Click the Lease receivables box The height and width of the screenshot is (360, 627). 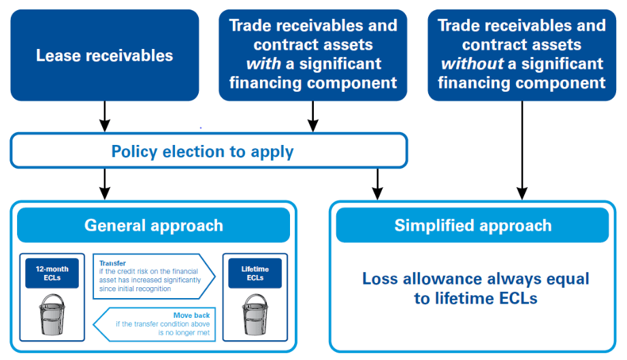tap(104, 55)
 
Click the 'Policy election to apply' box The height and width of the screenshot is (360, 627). tap(208, 150)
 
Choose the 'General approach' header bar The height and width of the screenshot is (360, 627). tap(153, 225)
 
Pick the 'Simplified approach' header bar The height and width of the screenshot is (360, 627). tap(472, 225)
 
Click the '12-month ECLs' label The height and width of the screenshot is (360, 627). tap(52, 273)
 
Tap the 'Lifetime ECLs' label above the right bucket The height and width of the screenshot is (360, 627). tap(254, 273)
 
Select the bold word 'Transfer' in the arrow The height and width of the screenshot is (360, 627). tap(112, 263)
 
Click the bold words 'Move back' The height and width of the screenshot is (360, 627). tap(191, 315)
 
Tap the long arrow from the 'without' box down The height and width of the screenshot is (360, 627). tap(521, 150)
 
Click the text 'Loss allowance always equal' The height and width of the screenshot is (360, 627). tap(475, 279)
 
